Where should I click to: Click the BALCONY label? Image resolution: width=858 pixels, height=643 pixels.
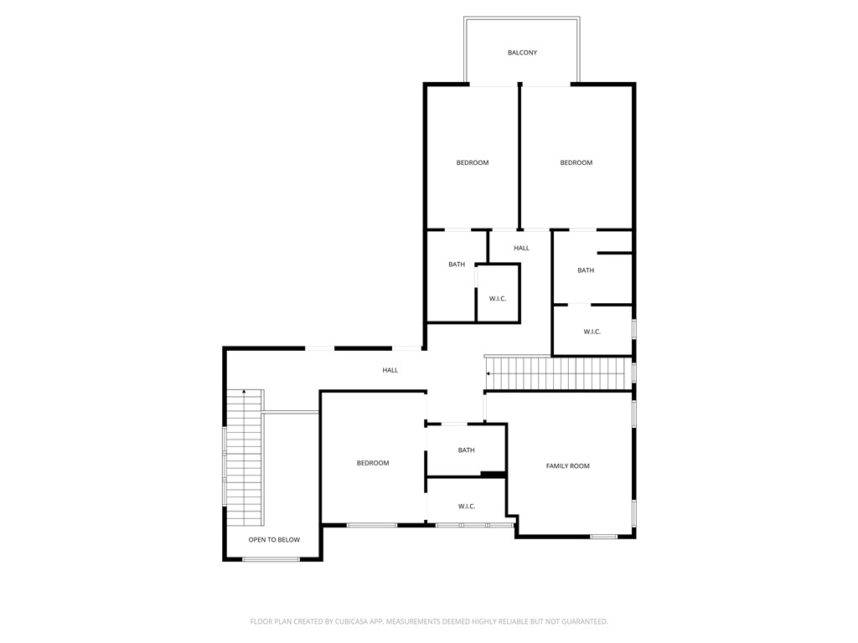coord(522,53)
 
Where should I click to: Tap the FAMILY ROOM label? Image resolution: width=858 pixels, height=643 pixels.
coord(568,466)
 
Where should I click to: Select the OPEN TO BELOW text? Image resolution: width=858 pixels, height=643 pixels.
coord(274,540)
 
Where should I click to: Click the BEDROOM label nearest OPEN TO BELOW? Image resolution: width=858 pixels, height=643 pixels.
coord(373,463)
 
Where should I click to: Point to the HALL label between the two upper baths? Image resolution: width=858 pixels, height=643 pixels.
coord(521,248)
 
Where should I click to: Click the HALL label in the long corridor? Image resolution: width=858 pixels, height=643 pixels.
coord(390,370)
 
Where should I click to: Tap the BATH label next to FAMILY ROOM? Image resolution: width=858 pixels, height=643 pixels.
coord(467,450)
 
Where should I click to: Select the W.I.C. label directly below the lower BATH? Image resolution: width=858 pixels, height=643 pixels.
coord(467,507)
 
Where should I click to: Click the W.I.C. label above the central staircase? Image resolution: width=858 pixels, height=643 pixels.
coord(592,332)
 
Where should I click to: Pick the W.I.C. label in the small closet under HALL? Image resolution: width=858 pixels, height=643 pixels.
coord(498,299)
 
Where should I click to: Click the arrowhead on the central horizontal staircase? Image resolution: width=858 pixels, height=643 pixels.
coord(488,374)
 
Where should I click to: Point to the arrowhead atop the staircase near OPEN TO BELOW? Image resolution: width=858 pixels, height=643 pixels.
coord(244,392)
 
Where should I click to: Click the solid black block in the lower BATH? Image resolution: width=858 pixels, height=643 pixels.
coord(493,475)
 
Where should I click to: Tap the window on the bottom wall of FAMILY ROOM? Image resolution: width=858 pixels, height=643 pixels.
coord(603,536)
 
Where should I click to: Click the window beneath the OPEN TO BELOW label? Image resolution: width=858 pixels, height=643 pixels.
coord(271,559)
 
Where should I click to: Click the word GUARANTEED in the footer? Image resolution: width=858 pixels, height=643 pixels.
coord(581,621)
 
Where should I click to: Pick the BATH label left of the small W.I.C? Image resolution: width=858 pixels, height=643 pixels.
coord(457,265)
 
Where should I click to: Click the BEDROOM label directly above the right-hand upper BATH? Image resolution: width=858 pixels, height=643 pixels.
coord(576,162)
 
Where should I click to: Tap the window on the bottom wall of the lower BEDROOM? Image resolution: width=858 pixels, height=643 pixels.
coord(372,525)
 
